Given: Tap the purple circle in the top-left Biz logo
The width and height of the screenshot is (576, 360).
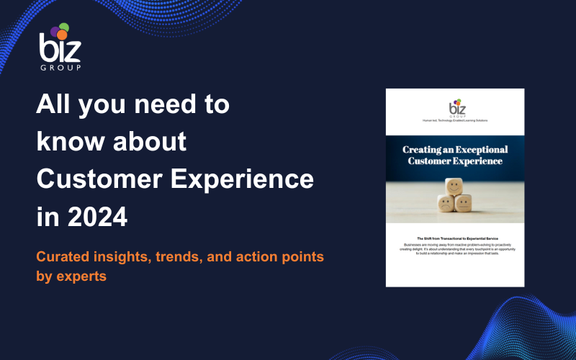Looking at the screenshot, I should pos(55,31).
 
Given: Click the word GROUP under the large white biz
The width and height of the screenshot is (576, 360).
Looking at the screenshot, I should pos(60,67).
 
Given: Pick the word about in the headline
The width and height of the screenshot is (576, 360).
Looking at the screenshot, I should pos(150,142).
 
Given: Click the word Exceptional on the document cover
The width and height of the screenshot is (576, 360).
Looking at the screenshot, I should pos(476,149).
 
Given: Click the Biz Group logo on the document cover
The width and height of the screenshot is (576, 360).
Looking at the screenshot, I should pos(455,108).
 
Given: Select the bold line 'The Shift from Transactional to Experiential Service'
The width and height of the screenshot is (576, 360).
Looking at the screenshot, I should pos(455,238).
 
